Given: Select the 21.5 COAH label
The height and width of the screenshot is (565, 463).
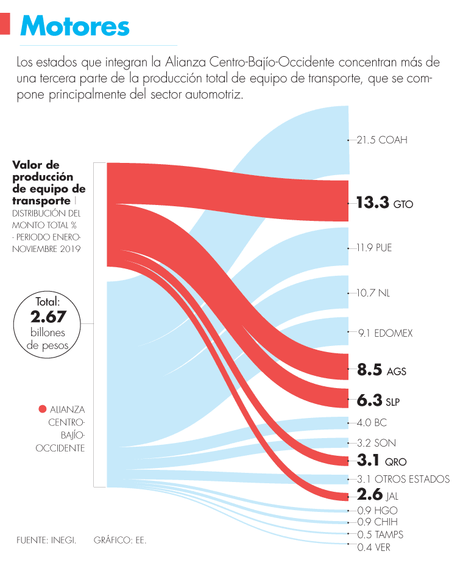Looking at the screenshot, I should click(382, 140).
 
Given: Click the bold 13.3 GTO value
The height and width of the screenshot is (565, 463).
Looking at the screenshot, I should click(384, 203).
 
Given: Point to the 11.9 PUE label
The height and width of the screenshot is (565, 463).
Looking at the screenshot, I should click(375, 248).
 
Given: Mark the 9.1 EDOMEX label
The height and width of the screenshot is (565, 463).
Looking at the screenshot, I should click(385, 333).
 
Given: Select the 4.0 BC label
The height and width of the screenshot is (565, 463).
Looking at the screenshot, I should click(372, 422).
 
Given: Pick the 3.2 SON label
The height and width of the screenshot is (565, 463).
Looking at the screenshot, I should click(375, 442).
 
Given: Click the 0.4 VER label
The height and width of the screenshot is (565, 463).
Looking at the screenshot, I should click(374, 547).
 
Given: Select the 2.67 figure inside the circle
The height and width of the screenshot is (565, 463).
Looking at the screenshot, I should click(48, 317).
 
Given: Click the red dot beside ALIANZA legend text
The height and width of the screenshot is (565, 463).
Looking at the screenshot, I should click(42, 409).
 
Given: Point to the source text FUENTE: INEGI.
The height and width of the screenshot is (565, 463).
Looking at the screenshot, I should click(46, 541).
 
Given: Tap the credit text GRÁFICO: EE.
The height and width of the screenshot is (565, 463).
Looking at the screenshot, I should click(120, 541).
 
